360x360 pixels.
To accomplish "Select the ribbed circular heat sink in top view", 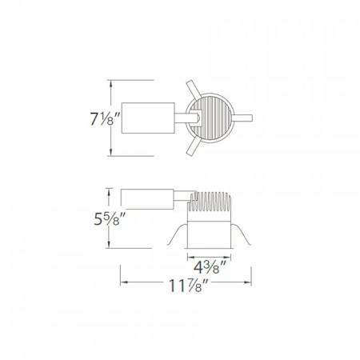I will (x=211, y=119).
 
